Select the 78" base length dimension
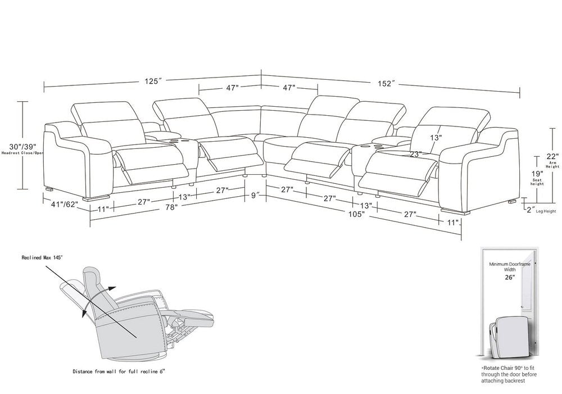(x=171, y=207)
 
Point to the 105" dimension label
(x=357, y=214)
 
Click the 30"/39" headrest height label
(x=22, y=147)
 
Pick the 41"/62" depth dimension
(x=65, y=205)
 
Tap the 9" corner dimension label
(x=255, y=196)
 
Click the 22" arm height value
(x=552, y=157)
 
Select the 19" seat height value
(x=537, y=173)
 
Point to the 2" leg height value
(x=530, y=209)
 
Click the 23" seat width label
(x=415, y=154)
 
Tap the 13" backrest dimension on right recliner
(x=436, y=137)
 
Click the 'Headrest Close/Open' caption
(x=22, y=153)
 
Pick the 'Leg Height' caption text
(x=546, y=211)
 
